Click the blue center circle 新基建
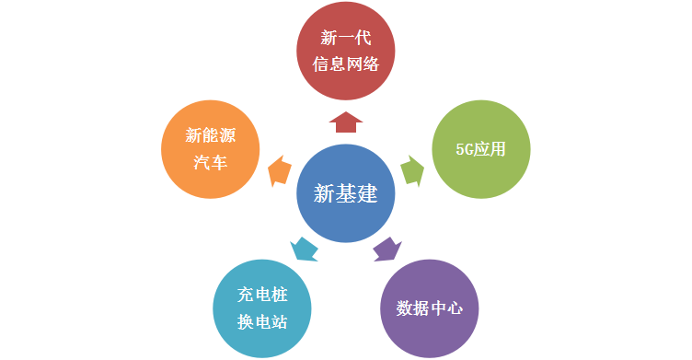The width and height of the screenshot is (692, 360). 346,194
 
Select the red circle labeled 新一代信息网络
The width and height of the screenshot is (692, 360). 346,52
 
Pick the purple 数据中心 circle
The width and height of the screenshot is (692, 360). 431,307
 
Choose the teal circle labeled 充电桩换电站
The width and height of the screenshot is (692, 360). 262,308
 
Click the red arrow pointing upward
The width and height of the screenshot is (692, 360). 346,121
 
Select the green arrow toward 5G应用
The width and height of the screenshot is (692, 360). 413,170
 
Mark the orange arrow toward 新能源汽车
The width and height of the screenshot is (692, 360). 278,171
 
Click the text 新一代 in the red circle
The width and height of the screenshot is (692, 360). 346,39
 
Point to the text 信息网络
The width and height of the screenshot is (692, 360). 346,66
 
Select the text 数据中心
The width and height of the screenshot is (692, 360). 431,307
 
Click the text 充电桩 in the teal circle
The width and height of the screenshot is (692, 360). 262,295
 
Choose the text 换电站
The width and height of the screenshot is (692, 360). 262,322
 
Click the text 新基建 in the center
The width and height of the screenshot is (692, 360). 346,194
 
